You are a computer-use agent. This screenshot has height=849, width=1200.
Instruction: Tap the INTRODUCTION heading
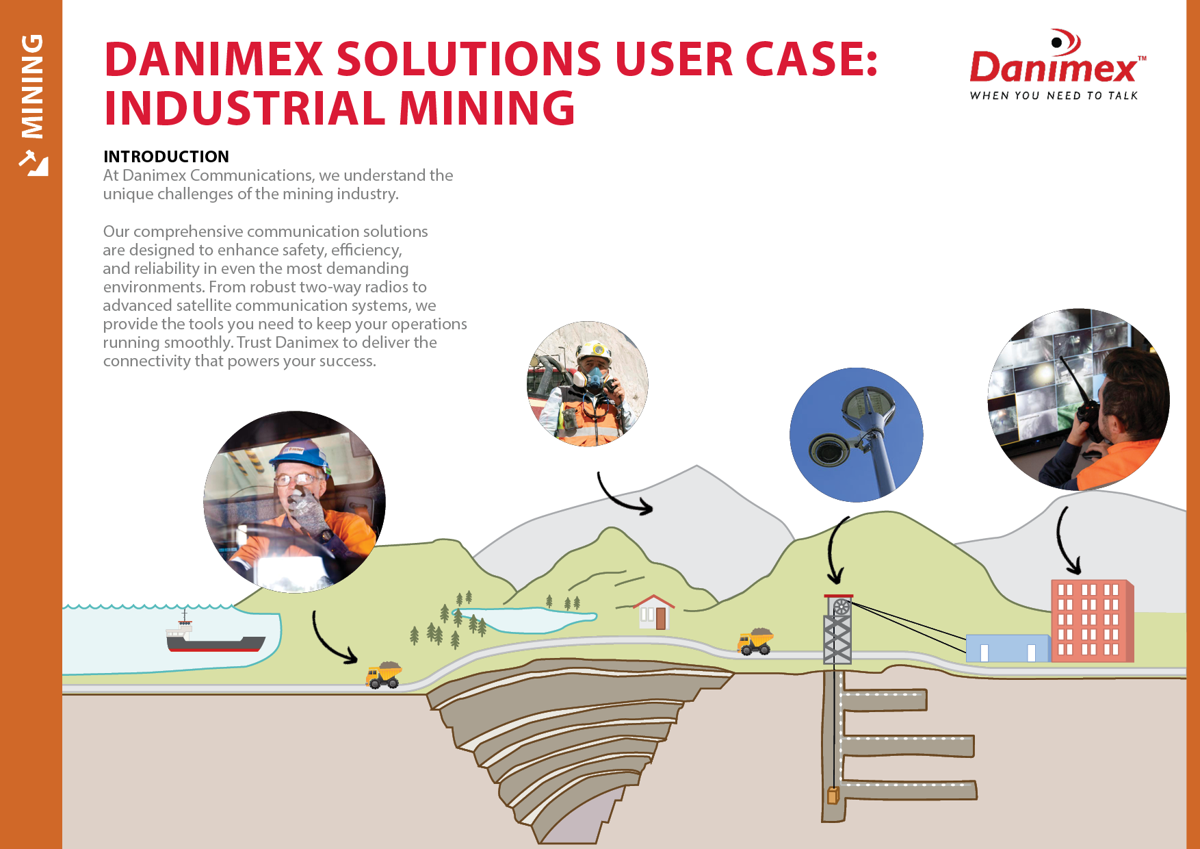(x=166, y=157)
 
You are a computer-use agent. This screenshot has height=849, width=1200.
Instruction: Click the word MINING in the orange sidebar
(x=32, y=86)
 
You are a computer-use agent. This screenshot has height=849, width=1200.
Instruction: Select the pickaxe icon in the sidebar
(x=33, y=163)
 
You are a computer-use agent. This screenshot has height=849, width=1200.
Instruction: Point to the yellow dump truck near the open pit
(x=384, y=674)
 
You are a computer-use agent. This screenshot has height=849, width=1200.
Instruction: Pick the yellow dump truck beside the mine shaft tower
(x=755, y=642)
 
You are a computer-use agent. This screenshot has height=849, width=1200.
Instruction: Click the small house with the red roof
(x=654, y=612)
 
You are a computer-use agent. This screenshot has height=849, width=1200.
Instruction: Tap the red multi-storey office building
(x=1092, y=621)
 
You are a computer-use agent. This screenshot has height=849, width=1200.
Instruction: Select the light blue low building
(x=1008, y=648)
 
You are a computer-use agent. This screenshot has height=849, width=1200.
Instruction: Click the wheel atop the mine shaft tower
(x=841, y=607)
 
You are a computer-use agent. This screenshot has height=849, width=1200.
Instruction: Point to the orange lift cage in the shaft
(x=833, y=795)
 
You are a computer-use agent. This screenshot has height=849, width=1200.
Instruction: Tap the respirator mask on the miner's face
(x=593, y=379)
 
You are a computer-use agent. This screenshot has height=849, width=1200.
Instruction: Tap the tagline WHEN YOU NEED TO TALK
(x=1054, y=96)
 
